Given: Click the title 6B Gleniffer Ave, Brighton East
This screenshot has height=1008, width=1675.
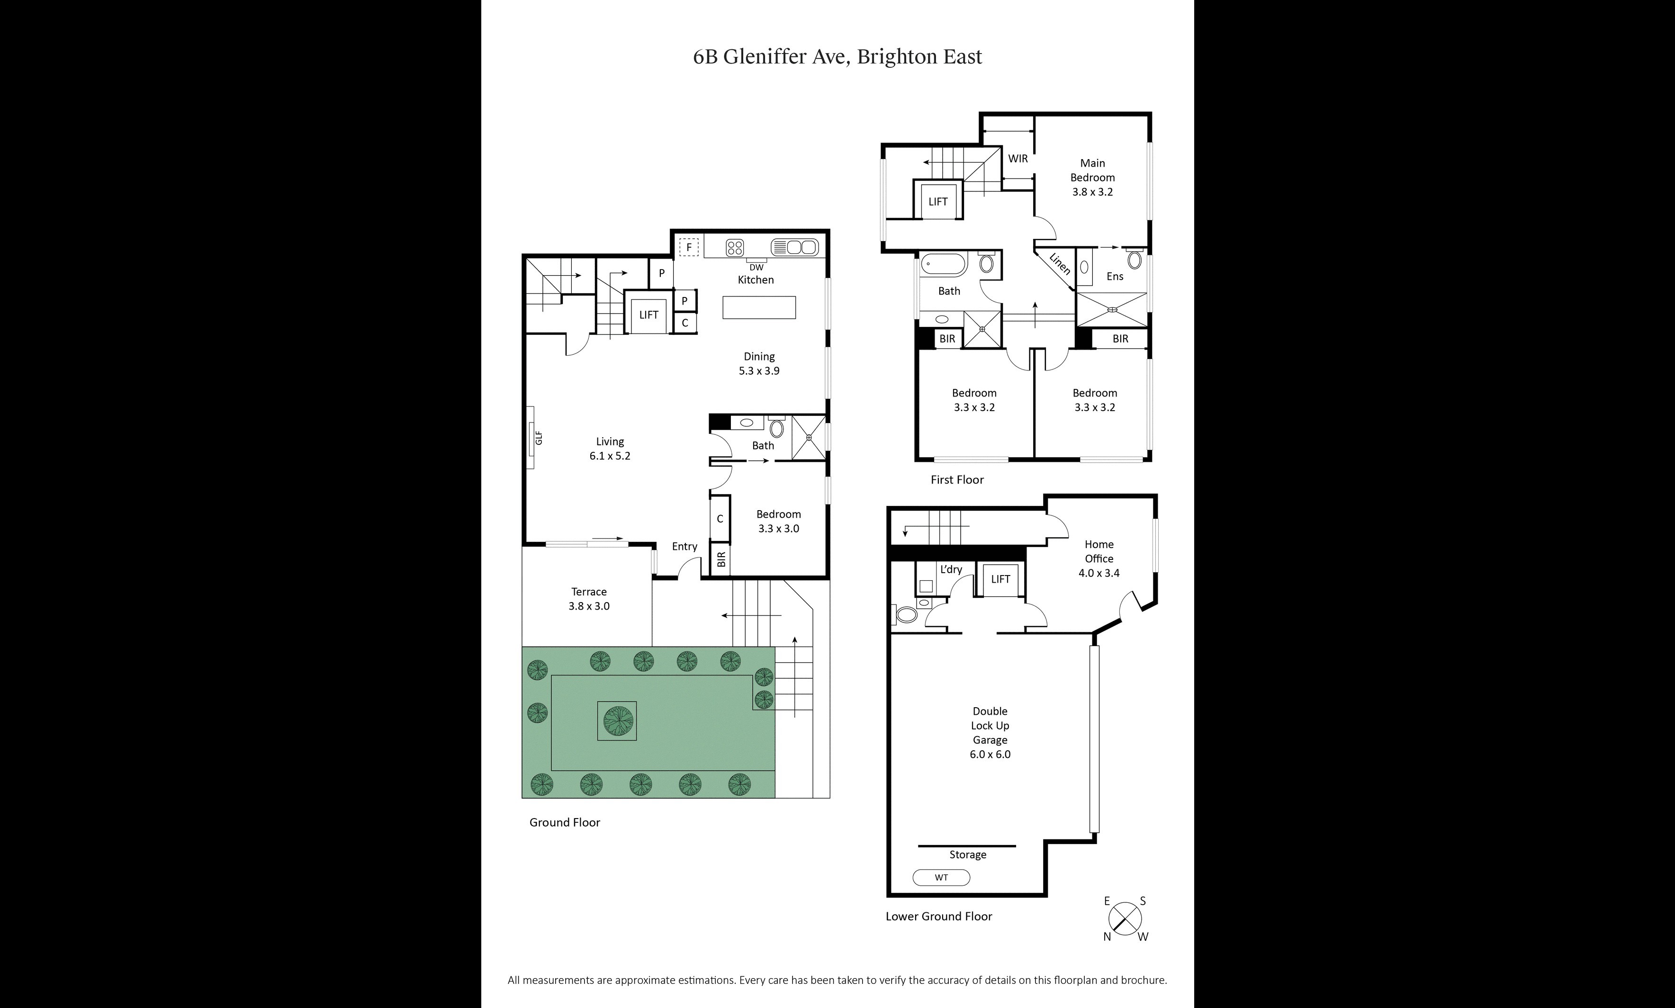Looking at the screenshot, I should (837, 56).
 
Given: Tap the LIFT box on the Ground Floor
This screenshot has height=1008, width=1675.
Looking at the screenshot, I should (648, 315).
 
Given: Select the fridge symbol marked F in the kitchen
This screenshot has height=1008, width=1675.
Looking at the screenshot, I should (689, 247).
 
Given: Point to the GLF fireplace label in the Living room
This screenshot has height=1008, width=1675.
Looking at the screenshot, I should (539, 438).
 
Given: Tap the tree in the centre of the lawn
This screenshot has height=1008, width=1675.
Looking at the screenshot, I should (617, 720).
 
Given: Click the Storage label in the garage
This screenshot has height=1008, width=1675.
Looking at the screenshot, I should (967, 855).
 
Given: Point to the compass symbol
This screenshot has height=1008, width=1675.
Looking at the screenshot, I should (1125, 919).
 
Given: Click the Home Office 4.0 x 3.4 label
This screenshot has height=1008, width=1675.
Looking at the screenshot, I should (1099, 558).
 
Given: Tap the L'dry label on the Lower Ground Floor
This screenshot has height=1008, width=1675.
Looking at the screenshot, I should (951, 569).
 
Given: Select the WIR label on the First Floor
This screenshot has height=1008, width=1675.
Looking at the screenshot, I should (1018, 158).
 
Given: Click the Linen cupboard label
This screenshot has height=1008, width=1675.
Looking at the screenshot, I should (1060, 264).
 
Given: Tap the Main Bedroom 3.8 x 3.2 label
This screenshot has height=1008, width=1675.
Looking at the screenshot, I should (1092, 177).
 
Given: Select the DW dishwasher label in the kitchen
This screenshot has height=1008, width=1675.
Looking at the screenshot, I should (756, 267).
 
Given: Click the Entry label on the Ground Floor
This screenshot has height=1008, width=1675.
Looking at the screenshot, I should (684, 546).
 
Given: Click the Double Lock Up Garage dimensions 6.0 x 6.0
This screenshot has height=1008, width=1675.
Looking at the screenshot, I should (990, 754).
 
